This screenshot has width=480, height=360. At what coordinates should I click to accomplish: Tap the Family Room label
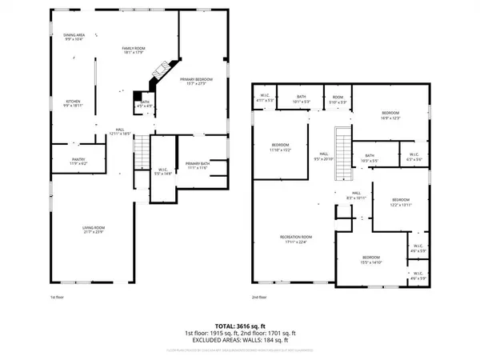click(x=133, y=52)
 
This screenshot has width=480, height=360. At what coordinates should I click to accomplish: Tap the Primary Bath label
click(x=197, y=165)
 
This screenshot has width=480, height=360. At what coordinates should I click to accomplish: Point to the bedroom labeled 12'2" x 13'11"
click(x=400, y=201)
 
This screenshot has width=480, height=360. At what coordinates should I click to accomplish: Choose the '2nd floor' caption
click(x=258, y=297)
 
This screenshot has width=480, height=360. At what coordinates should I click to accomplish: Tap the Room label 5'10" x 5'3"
click(x=338, y=101)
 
